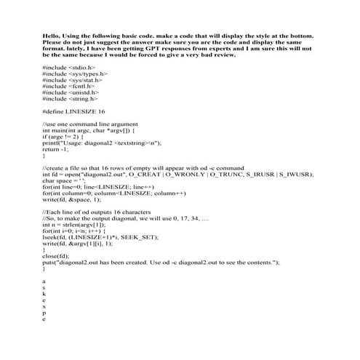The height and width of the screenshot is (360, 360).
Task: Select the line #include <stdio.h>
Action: tap(69, 67)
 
